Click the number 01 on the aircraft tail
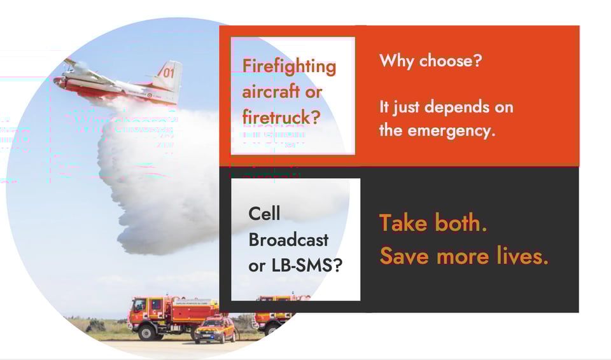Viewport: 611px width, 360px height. (168, 73)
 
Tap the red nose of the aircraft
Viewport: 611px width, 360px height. (58, 81)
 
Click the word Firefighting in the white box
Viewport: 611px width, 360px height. (289, 66)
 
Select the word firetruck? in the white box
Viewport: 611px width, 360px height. (281, 116)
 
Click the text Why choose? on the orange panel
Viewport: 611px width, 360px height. (430, 62)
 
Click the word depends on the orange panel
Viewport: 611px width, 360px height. (451, 107)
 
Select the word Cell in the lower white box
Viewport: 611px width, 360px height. (264, 214)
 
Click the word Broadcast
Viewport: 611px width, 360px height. (288, 240)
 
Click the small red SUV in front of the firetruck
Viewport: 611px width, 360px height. (214, 330)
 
